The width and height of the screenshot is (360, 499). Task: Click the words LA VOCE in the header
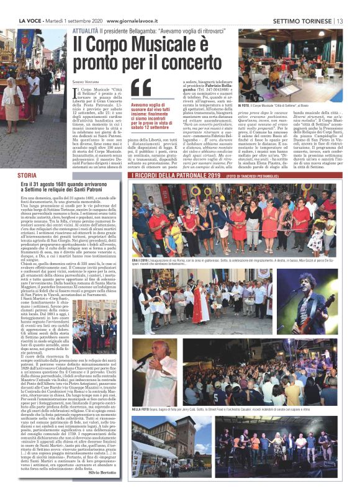click(31, 22)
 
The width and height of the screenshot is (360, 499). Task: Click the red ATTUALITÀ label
click(85, 30)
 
